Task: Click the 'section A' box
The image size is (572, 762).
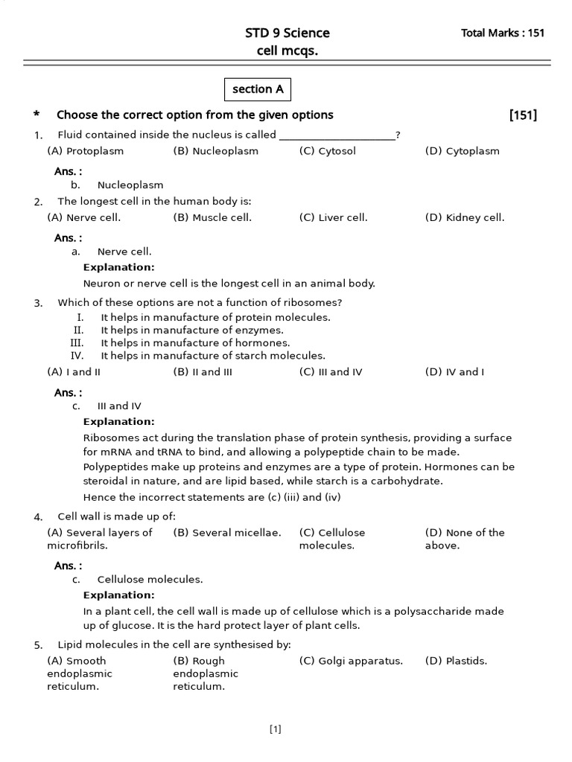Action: [258, 89]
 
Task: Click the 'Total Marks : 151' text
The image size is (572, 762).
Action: [503, 33]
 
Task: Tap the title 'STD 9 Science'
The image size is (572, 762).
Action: [287, 33]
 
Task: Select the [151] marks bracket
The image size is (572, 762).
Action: [523, 115]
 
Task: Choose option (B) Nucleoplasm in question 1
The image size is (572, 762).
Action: [216, 151]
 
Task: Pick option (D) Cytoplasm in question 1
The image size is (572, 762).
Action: [462, 151]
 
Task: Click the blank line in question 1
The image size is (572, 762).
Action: [336, 135]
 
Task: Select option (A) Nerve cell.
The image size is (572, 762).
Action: [84, 218]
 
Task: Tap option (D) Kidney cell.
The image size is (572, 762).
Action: [465, 218]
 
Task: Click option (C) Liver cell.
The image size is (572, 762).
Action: [333, 218]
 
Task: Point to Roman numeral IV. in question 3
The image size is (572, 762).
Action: [77, 356]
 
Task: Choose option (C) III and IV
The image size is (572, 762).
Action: [331, 372]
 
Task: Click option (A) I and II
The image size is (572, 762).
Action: [74, 372]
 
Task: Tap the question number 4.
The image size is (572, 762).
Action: [38, 517]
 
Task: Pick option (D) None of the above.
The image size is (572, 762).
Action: [465, 539]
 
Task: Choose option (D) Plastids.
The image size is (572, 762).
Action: [456, 661]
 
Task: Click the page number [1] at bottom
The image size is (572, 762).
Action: [276, 730]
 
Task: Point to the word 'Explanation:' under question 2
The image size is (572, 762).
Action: [119, 267]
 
